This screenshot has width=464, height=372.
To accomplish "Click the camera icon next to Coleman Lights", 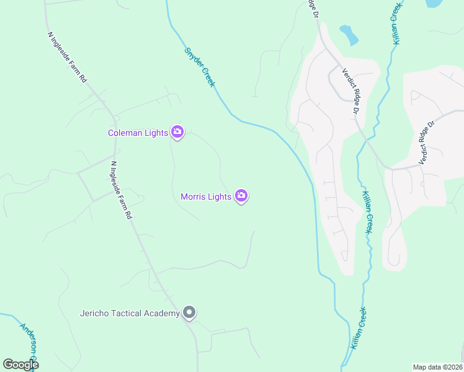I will pos(177,132).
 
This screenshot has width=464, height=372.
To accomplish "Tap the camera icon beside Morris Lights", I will pos(241,197).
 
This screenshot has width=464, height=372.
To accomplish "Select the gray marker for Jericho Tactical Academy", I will pos(189,313).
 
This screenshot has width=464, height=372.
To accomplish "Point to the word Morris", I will pos(193,197).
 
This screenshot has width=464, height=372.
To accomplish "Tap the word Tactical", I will pos(127,313).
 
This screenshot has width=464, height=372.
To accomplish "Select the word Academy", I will pos(161,313).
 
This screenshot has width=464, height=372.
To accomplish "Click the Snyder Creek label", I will pos(199,67).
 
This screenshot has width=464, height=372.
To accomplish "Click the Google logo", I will pos(20,364).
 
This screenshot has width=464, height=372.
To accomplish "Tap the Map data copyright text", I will pos(438,367).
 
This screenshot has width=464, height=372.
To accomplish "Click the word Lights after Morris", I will pos(220,197).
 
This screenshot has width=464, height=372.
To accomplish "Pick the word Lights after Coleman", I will pos(156,133).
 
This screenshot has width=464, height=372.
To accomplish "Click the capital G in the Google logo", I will pos(8,364).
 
